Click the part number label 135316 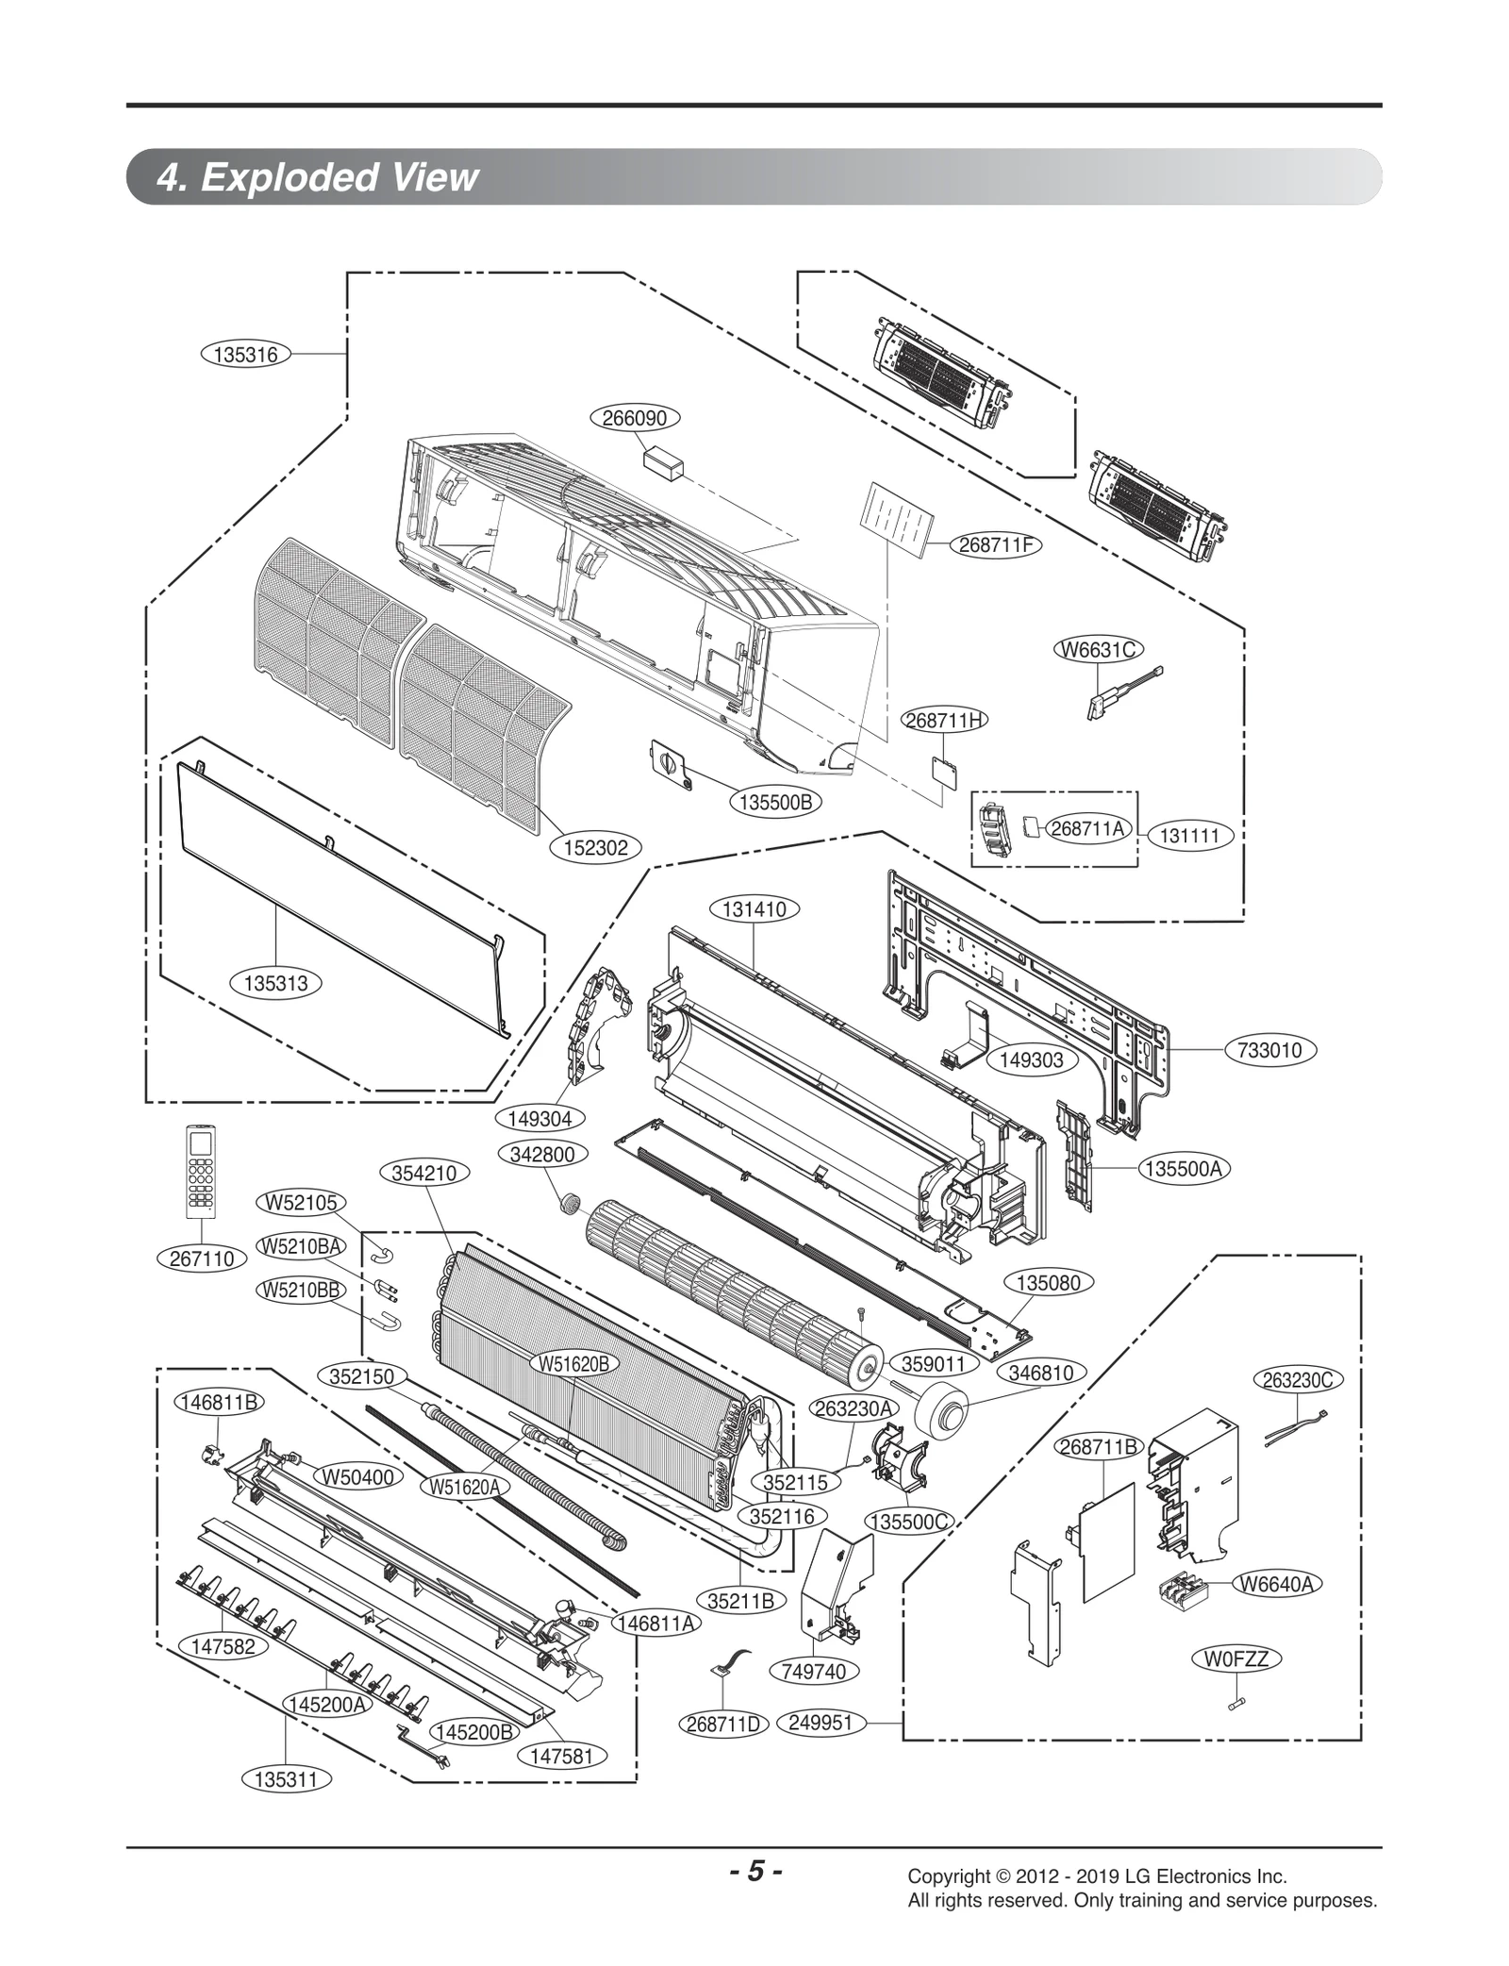(x=246, y=355)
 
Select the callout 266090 (x=635, y=418)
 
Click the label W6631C (x=1097, y=649)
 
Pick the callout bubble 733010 (x=1269, y=1050)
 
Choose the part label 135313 (x=275, y=983)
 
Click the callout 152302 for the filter (x=595, y=847)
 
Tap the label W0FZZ (x=1236, y=1685)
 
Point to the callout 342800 (x=542, y=1154)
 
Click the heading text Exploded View (x=340, y=176)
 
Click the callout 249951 (x=820, y=1723)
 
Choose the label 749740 (x=815, y=1671)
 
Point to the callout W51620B (x=574, y=1363)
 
